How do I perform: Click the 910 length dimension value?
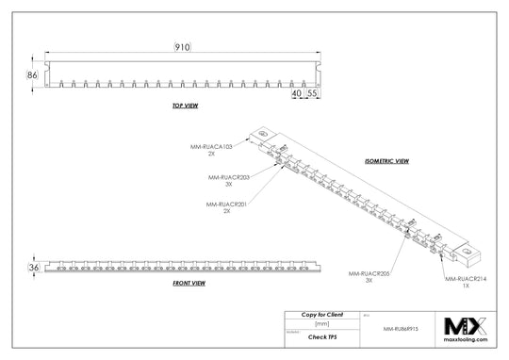[182, 47]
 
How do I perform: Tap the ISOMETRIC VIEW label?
[386, 160]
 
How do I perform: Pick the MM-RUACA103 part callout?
[213, 147]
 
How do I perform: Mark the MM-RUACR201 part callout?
[225, 204]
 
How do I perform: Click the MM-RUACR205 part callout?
[369, 274]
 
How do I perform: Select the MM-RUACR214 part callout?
[467, 280]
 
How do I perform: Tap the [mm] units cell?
[321, 323]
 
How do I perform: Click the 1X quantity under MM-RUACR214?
[467, 286]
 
